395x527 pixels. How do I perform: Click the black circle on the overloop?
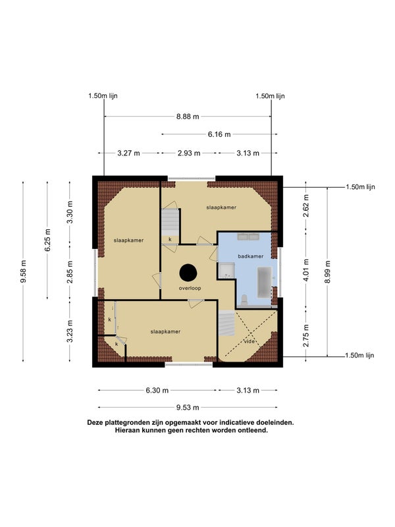click(x=188, y=273)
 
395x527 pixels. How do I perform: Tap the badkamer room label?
click(x=251, y=256)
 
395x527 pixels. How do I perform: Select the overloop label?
click(x=190, y=289)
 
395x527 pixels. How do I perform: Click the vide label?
click(x=250, y=341)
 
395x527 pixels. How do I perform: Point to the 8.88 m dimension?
click(x=188, y=117)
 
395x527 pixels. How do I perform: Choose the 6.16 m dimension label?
click(x=219, y=134)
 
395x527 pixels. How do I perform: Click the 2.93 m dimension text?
click(x=189, y=153)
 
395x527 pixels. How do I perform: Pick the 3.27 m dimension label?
click(x=128, y=153)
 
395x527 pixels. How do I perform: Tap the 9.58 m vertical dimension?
click(x=23, y=271)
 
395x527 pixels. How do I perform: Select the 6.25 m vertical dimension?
click(x=47, y=240)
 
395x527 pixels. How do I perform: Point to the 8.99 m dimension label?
click(x=327, y=272)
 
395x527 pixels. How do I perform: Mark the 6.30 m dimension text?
click(x=157, y=391)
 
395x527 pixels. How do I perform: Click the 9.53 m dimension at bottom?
click(x=188, y=408)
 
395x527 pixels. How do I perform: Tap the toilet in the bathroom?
click(x=244, y=300)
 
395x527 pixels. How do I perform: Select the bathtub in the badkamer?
click(x=265, y=283)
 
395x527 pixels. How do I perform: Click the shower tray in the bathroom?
click(x=226, y=271)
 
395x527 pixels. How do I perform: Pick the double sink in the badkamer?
click(x=248, y=236)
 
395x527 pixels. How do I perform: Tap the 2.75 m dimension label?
click(x=306, y=336)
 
